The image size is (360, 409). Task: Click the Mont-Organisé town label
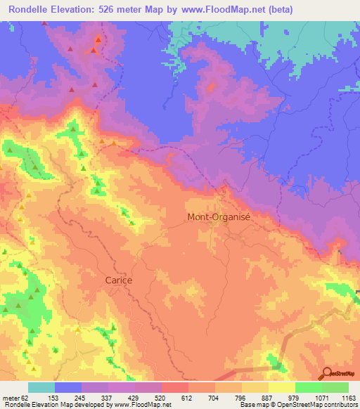[x=219, y=217]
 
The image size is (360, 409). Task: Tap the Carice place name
[x=117, y=279]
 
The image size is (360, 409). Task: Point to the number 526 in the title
[x=119, y=10]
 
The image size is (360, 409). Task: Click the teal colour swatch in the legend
[x=41, y=387]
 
